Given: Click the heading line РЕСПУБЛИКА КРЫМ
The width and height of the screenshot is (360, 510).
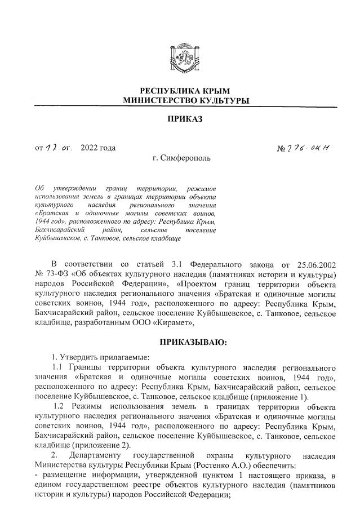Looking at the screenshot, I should coord(185,91).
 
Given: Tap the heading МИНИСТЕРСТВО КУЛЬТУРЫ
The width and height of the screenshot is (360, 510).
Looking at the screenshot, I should coord(185,100).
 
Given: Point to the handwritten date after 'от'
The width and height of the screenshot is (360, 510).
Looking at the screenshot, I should coord(59,149).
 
